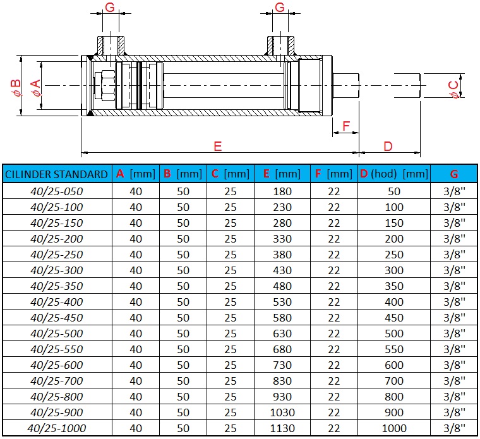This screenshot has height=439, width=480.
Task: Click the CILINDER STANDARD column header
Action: [x=56, y=174]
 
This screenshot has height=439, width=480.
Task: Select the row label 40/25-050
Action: [x=57, y=191]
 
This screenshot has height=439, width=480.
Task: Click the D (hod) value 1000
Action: [x=394, y=428]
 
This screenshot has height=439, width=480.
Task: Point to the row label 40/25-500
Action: [x=57, y=334]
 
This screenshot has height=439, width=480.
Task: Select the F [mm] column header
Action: [x=334, y=174]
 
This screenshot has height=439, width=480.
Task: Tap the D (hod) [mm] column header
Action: [x=394, y=174]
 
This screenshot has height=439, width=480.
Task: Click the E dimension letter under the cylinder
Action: [x=217, y=147]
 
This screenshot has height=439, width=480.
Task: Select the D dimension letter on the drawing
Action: [x=388, y=147]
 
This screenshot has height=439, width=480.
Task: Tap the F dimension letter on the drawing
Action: [x=345, y=126]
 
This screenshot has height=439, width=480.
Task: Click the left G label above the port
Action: [x=109, y=8]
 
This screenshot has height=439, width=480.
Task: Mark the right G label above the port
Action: [x=280, y=8]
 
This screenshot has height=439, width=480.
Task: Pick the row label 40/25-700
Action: [x=57, y=381]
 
